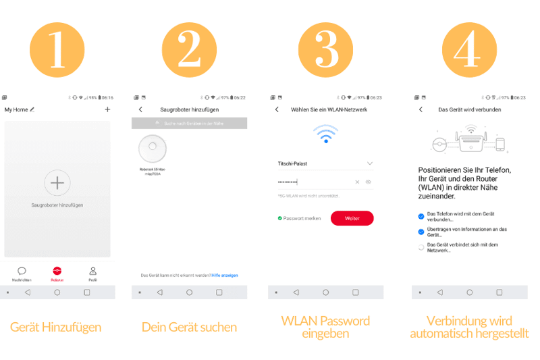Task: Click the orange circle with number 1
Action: (57, 49)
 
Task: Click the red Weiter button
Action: (352, 218)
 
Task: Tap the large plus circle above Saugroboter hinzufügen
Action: (57, 182)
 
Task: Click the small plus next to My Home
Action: (107, 109)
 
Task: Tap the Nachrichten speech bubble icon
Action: (22, 271)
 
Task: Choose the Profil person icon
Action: (92, 271)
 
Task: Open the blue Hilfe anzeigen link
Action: (225, 276)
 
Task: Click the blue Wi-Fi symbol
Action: (325, 134)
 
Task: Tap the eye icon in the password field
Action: (369, 182)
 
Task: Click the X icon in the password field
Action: (357, 182)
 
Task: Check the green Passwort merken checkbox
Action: (279, 218)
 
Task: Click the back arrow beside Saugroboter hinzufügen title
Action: (140, 109)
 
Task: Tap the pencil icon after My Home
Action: (32, 109)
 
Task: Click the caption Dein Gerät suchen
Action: (189, 328)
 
